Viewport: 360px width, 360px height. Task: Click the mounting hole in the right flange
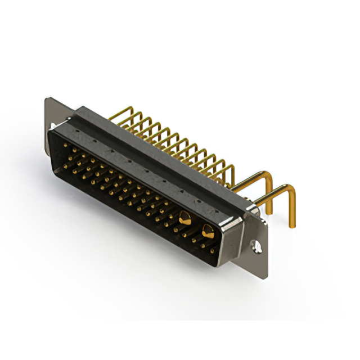click(x=256, y=245)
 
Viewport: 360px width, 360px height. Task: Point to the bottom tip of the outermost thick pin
click(x=292, y=226)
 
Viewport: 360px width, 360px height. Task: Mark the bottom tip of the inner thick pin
click(x=269, y=212)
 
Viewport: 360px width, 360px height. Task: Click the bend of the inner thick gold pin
click(x=268, y=177)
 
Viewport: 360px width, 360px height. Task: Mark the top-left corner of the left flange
click(x=47, y=100)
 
